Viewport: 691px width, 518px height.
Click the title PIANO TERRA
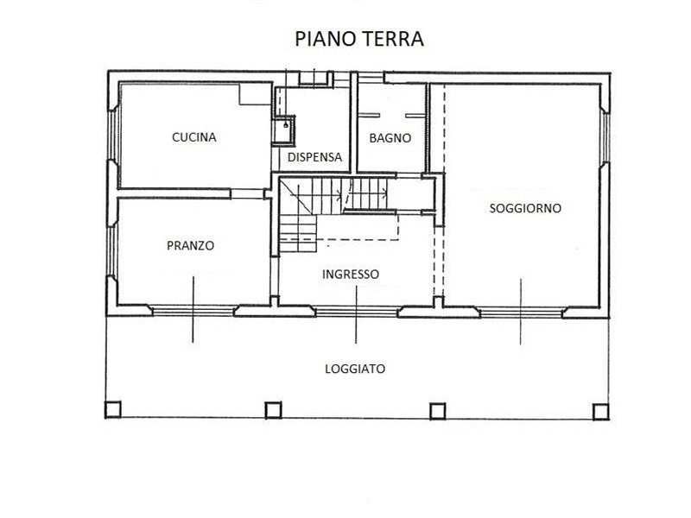point(359,39)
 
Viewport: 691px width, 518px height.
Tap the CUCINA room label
point(193,137)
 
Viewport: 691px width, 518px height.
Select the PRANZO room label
point(190,245)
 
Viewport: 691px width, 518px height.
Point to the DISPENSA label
point(314,157)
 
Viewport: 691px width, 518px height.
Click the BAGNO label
point(390,138)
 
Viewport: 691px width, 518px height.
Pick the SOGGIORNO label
point(525,208)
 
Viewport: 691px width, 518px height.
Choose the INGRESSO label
point(351,275)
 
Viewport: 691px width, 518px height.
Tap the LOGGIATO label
point(355,369)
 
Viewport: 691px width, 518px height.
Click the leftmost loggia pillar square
point(113,409)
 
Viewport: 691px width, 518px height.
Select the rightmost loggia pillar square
point(600,412)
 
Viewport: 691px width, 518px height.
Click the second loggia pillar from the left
point(273,410)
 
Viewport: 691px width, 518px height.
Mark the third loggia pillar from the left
point(437,411)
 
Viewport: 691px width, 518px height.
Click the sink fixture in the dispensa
point(283,130)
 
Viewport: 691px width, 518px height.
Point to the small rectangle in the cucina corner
point(255,94)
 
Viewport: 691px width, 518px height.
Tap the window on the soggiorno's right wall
point(605,138)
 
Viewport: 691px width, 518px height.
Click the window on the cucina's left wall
point(113,134)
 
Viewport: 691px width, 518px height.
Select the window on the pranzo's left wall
point(112,250)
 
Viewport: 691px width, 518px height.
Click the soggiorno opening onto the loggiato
point(521,313)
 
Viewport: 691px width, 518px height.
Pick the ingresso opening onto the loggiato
point(356,313)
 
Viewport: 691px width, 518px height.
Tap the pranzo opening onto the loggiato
point(193,311)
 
